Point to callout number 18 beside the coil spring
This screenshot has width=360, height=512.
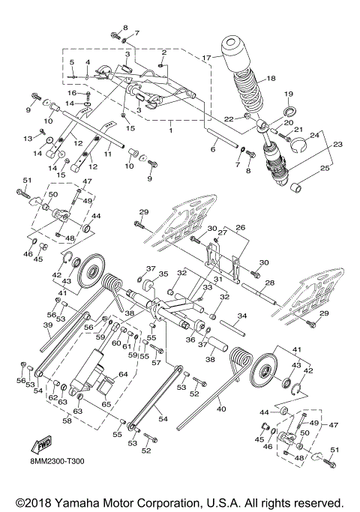[x=271, y=77]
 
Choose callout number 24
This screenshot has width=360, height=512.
[x=314, y=135]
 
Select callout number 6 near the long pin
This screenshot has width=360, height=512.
[x=214, y=150]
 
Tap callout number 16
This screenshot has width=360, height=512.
[x=73, y=93]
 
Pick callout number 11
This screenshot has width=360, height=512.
[x=106, y=154]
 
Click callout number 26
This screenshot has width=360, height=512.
[x=241, y=226]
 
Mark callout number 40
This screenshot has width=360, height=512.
[x=220, y=409]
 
